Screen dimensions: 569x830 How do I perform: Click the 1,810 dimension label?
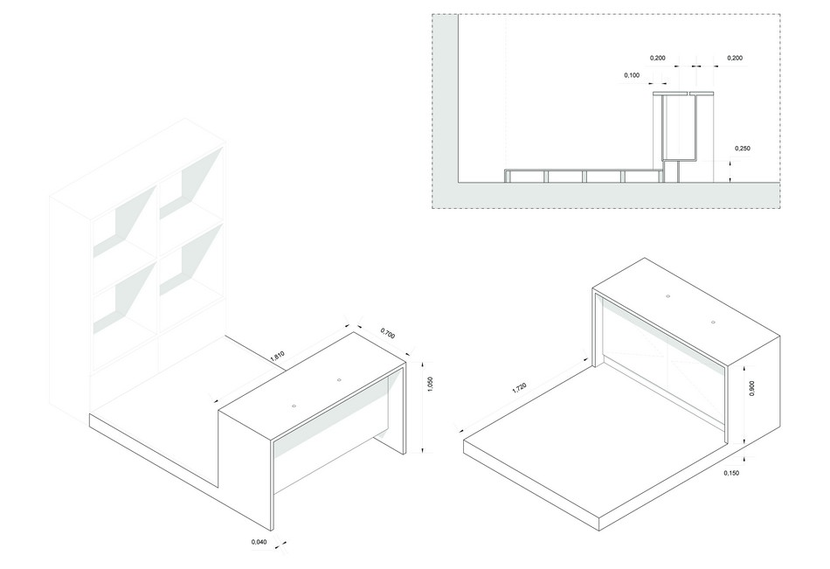(x=277, y=356)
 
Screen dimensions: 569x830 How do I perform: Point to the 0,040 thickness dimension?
(x=259, y=543)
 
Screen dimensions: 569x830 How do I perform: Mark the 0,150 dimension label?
(x=733, y=472)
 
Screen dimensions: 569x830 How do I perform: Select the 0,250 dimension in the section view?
(x=744, y=149)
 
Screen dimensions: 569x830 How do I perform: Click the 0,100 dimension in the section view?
(x=632, y=76)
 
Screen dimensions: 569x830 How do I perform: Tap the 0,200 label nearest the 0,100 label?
(x=658, y=58)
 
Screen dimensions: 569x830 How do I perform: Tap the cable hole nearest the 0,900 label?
(x=712, y=323)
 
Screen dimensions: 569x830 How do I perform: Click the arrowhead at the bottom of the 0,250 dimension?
(x=730, y=181)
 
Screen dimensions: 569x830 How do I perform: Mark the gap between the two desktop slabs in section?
(x=688, y=93)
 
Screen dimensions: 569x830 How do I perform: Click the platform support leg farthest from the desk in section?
(x=506, y=177)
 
